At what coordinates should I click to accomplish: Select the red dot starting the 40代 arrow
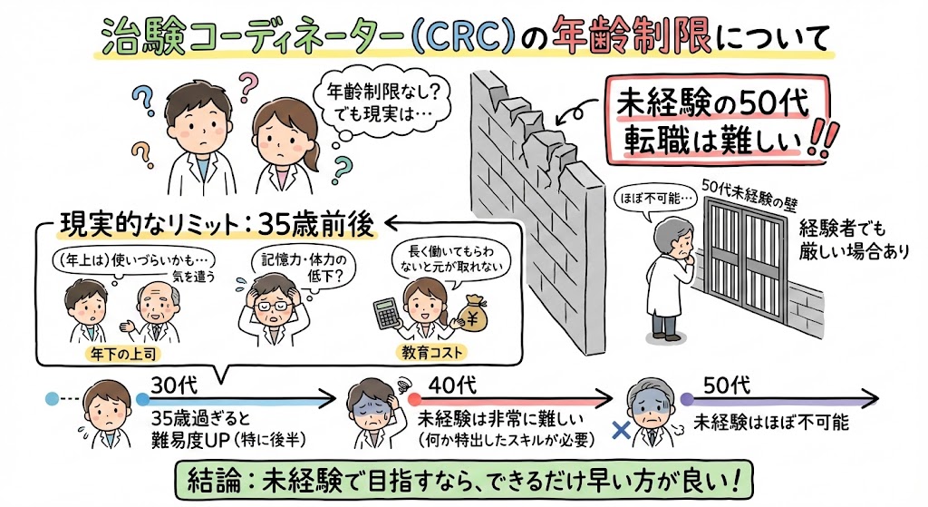414,398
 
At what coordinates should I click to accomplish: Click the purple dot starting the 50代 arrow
686,398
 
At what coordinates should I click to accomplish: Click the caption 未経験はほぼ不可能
770,423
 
